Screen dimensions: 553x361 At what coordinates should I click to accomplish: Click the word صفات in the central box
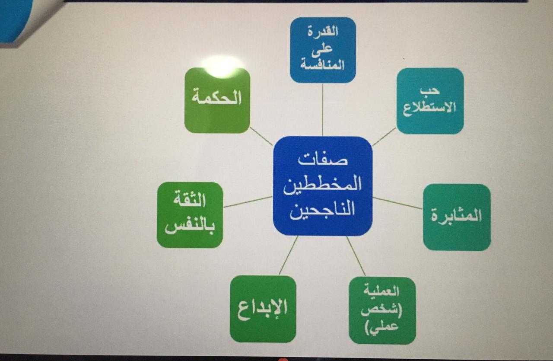pyautogui.click(x=323, y=160)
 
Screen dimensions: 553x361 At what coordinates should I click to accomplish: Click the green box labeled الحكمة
pyautogui.click(x=217, y=100)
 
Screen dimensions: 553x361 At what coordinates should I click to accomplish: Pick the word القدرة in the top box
pyautogui.click(x=323, y=32)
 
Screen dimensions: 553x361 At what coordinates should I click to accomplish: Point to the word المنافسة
pyautogui.click(x=322, y=65)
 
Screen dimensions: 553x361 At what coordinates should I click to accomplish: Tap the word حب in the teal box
pyautogui.click(x=430, y=91)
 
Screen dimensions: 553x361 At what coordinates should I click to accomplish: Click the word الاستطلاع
pyautogui.click(x=429, y=108)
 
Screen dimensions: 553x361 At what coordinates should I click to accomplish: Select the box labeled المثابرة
pyautogui.click(x=457, y=217)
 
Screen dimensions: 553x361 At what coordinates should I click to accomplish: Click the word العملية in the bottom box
pyautogui.click(x=381, y=291)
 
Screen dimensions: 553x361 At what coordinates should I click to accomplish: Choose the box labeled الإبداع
pyautogui.click(x=263, y=309)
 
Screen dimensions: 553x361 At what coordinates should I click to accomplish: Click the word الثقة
pyautogui.click(x=190, y=199)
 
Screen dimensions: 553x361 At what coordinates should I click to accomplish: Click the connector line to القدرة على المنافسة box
pyautogui.click(x=323, y=110)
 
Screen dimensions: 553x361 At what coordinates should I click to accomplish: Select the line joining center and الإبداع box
pyautogui.click(x=288, y=256)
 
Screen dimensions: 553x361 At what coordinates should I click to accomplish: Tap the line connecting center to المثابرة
pyautogui.click(x=397, y=203)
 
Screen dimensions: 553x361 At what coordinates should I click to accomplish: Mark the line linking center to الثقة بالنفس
pyautogui.click(x=248, y=202)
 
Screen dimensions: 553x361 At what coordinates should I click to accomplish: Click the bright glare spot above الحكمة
pyautogui.click(x=222, y=66)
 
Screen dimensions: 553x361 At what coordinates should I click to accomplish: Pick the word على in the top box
pyautogui.click(x=322, y=49)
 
